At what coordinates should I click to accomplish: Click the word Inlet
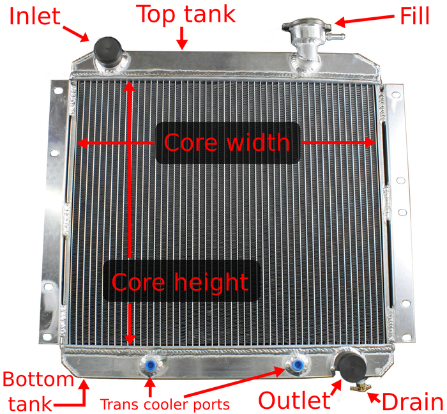tap(34, 16)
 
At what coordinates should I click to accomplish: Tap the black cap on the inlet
tap(108, 50)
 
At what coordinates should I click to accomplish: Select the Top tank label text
tap(187, 14)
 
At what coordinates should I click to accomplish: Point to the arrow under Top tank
tap(182, 38)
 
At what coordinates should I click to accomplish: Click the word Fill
tap(414, 16)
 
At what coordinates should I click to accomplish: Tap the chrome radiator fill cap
tap(306, 26)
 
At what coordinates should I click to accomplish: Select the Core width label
tap(227, 142)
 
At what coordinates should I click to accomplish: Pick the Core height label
tap(180, 281)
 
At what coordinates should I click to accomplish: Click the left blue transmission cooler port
tap(149, 364)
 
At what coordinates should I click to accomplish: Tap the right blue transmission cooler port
tap(298, 364)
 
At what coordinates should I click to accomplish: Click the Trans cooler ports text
tap(165, 404)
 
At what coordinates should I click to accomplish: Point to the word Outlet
tap(294, 400)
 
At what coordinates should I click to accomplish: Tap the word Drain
tap(413, 401)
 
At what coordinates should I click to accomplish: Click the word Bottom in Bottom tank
tap(38, 379)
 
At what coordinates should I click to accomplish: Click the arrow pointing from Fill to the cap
tap(365, 20)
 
